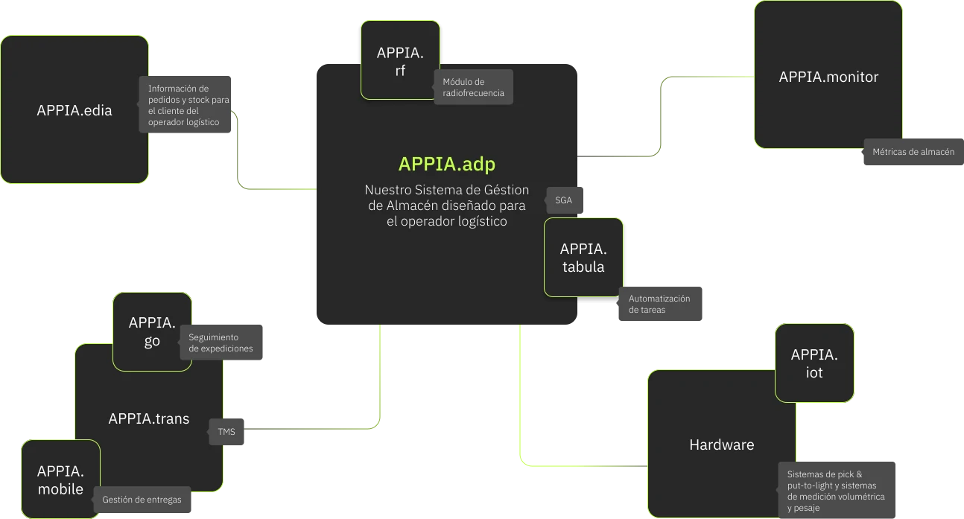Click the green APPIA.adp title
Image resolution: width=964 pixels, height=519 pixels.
tap(447, 164)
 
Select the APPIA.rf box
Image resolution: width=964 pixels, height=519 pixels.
tap(400, 60)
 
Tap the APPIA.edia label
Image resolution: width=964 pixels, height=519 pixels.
tap(74, 110)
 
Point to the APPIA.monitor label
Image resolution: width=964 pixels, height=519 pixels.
tap(828, 77)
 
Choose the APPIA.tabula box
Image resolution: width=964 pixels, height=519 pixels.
tap(583, 257)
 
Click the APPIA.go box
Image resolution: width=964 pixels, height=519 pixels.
tap(152, 331)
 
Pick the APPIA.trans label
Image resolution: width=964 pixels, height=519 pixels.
tap(149, 418)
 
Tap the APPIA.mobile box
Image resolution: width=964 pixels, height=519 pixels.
tap(60, 480)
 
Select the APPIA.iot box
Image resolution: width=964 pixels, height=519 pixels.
tap(814, 363)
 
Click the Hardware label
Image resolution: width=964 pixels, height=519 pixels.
tap(721, 445)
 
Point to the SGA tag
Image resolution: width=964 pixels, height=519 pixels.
tap(564, 200)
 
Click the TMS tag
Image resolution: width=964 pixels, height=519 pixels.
tap(226, 431)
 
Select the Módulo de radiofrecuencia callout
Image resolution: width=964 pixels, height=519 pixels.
tap(474, 87)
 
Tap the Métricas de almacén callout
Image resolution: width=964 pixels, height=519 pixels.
tap(913, 152)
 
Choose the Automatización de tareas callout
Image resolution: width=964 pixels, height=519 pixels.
tap(660, 304)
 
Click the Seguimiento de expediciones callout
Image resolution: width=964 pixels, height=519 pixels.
tap(221, 343)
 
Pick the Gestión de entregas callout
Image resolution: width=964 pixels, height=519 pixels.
tap(142, 500)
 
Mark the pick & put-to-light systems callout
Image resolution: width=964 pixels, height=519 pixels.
tap(836, 491)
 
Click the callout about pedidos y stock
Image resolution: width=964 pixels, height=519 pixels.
tap(185, 104)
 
